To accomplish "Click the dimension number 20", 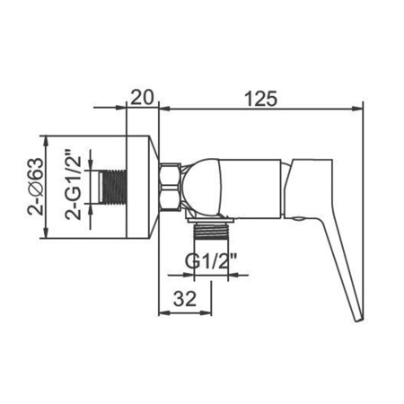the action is point(142,97).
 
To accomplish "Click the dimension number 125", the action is point(261,99).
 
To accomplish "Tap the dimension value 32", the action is point(185,299).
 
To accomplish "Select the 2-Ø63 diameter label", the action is point(36,186).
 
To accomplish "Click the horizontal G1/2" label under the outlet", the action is point(211,261).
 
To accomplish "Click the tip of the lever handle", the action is point(359,321).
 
